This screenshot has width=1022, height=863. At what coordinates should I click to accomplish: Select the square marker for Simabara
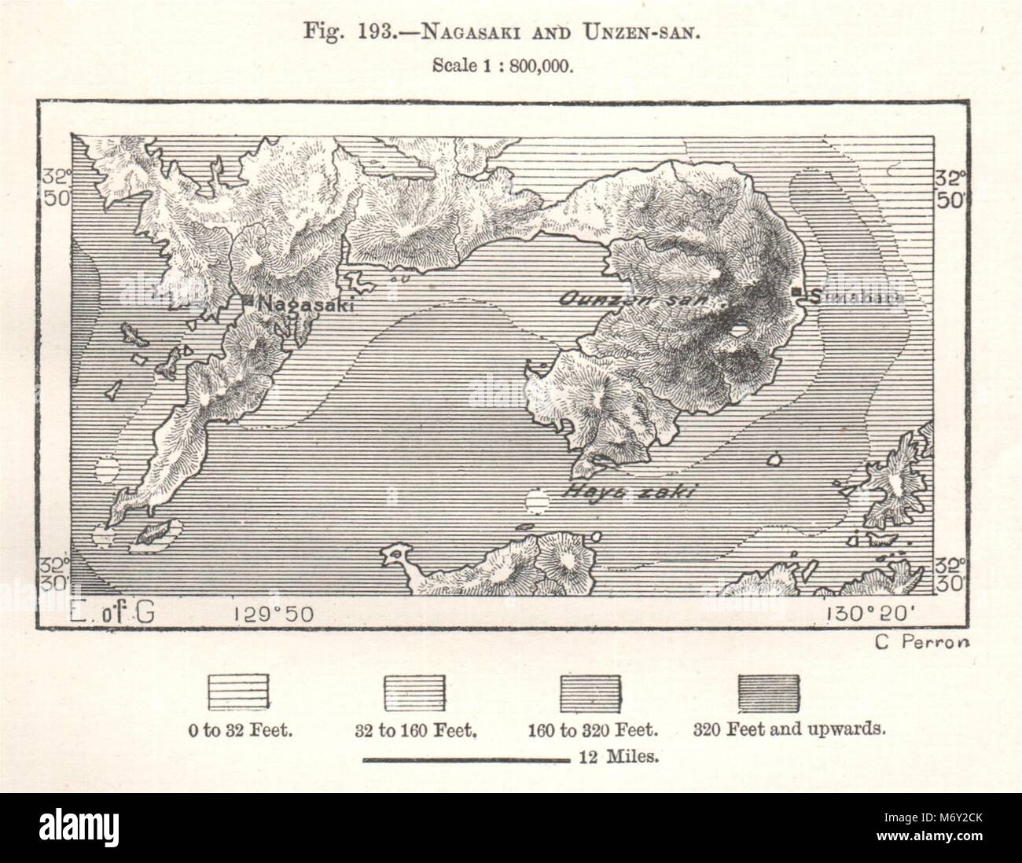click(x=797, y=293)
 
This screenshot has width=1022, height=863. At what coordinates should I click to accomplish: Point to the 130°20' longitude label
click(x=866, y=612)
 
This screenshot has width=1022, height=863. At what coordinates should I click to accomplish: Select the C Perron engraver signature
click(x=922, y=641)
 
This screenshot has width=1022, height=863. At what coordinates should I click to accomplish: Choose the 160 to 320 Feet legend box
click(x=590, y=692)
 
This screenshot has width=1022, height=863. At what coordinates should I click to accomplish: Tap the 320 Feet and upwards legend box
click(x=770, y=692)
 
